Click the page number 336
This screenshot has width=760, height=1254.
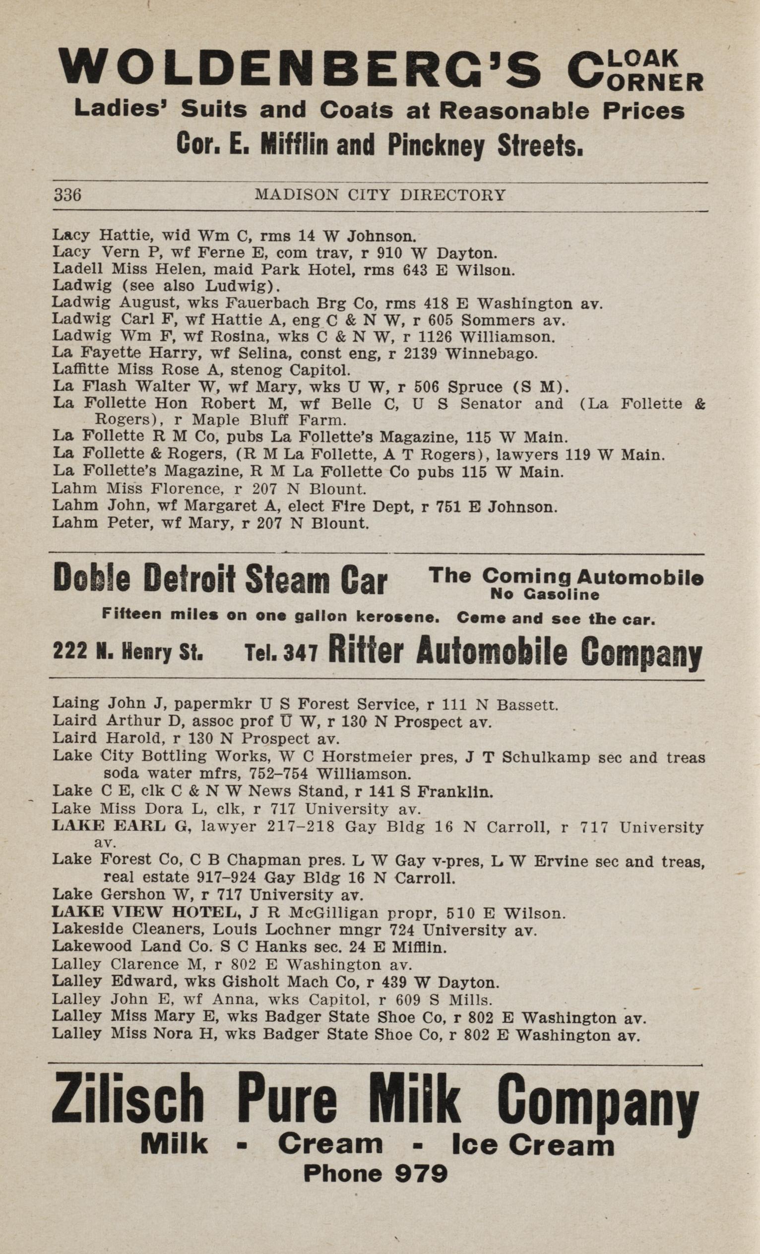pos(67,195)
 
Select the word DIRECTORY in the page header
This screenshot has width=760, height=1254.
pos(452,195)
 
